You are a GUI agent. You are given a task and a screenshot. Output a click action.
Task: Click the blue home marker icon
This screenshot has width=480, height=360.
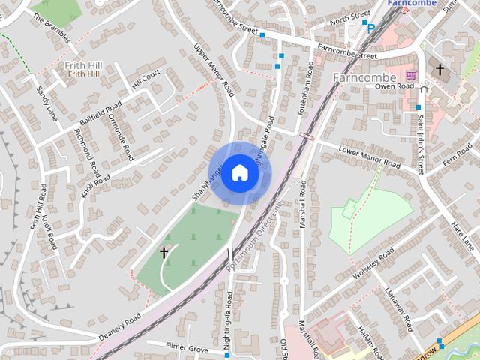[239, 173]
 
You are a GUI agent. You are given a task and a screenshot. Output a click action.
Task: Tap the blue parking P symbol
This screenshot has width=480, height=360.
[370, 28]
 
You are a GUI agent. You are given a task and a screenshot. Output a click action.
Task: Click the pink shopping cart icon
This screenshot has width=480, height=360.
[411, 76]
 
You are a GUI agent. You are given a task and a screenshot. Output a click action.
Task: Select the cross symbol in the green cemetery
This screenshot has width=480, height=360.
[164, 253]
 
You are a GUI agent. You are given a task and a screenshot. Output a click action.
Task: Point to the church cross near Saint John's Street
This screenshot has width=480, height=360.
[439, 70]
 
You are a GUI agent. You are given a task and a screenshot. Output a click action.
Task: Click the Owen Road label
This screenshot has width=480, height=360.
[394, 86]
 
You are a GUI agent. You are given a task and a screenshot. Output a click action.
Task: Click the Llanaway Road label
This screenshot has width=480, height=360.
[397, 308]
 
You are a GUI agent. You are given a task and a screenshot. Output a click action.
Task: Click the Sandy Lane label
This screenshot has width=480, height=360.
[47, 103]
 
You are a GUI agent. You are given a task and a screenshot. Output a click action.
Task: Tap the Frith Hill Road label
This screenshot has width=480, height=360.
[38, 207]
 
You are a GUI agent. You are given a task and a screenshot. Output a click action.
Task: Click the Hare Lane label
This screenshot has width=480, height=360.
[463, 235]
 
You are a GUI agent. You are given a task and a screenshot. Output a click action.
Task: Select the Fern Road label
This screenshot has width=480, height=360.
[456, 158]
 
